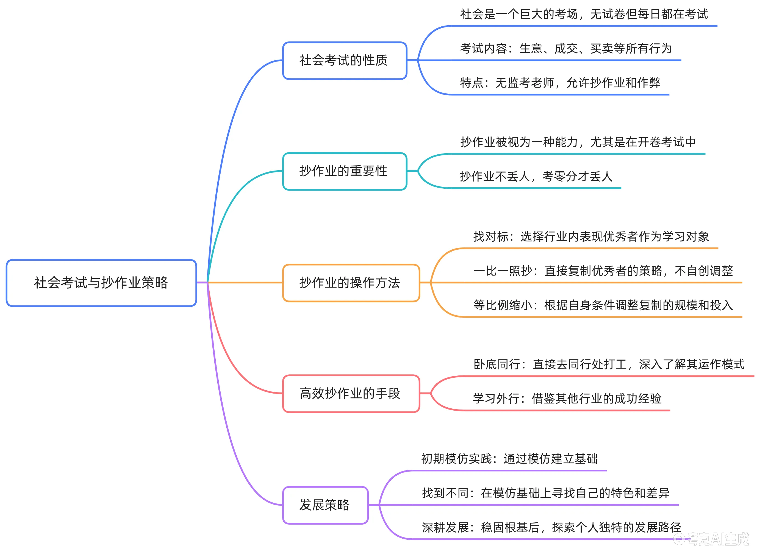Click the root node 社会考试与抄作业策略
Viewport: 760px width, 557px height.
pos(101,283)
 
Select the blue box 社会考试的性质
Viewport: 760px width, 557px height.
pos(344,60)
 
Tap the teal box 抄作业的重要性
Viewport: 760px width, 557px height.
pos(344,171)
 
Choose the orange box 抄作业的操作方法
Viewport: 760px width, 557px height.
pos(351,283)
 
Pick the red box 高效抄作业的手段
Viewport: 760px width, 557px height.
pos(351,393)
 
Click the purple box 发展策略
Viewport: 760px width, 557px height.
pos(325,505)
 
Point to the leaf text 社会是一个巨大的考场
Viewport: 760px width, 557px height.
pos(584,14)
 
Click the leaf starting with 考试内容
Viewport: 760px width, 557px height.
pos(566,49)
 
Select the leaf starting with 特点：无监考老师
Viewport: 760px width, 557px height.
pos(560,83)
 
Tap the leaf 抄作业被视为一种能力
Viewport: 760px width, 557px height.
pos(578,142)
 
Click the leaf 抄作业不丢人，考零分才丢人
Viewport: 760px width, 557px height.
pos(536,176)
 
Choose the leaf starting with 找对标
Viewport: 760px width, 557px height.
pos(591,236)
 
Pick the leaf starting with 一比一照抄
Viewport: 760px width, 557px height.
pos(603,271)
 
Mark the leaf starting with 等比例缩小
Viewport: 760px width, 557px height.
pos(603,305)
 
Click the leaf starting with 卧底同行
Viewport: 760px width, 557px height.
pos(609,364)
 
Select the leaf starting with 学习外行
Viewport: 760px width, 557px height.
pos(567,399)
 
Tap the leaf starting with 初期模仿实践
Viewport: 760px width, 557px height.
pos(509,459)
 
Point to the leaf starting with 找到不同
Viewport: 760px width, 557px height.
pos(545,493)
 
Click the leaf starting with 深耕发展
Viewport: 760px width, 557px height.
pos(551,527)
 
